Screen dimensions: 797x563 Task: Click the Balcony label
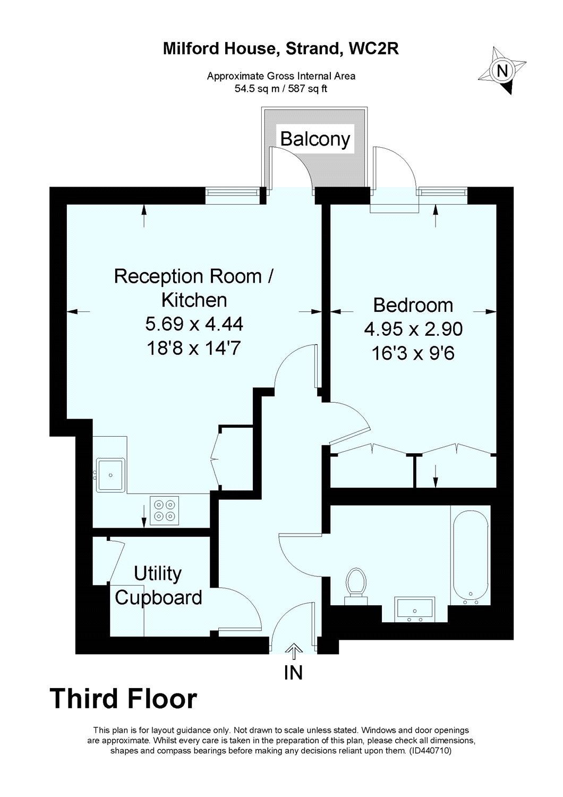pyautogui.click(x=315, y=139)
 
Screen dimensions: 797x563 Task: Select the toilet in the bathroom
pyautogui.click(x=355, y=584)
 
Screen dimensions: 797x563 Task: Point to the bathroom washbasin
pyautogui.click(x=415, y=609)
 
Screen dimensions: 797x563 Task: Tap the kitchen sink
pyautogui.click(x=110, y=474)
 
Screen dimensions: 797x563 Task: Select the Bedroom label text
pyautogui.click(x=413, y=305)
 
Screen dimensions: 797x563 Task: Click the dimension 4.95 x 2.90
pyautogui.click(x=413, y=329)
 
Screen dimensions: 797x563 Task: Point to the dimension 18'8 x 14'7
pyautogui.click(x=194, y=348)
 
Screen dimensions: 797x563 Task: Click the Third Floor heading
pyautogui.click(x=123, y=699)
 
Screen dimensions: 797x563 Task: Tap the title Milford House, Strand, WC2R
pyautogui.click(x=280, y=49)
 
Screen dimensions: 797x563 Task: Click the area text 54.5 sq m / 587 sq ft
pyautogui.click(x=281, y=89)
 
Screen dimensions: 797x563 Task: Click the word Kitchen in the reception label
pyautogui.click(x=194, y=300)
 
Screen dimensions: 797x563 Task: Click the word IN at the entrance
pyautogui.click(x=293, y=673)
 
